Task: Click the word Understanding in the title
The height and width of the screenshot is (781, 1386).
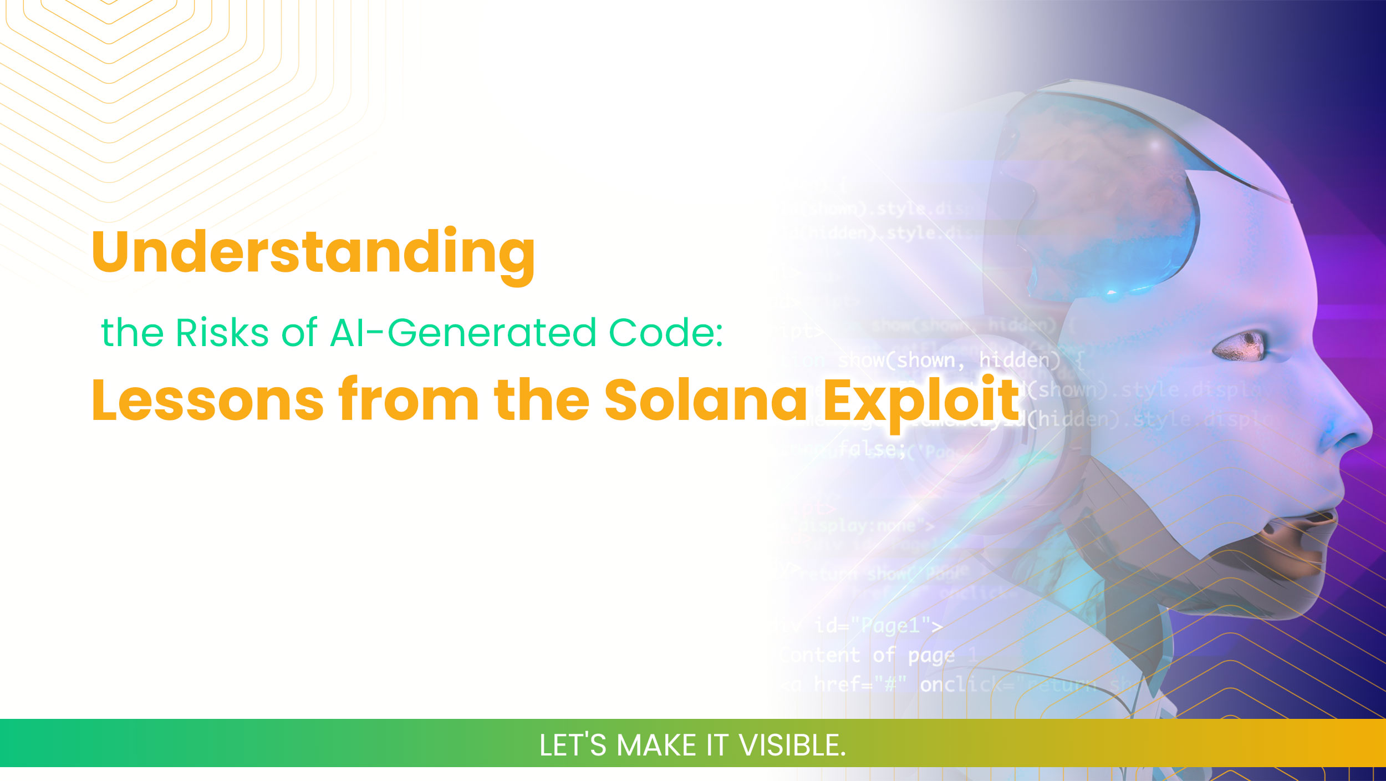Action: point(313,252)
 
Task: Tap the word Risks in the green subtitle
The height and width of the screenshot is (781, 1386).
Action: point(222,333)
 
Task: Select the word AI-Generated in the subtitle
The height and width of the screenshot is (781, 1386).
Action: point(463,333)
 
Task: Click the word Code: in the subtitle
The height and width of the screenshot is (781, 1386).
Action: point(666,333)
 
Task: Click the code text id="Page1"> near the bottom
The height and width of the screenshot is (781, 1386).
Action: point(878,626)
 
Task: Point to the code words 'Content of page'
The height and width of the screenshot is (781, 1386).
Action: point(868,656)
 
